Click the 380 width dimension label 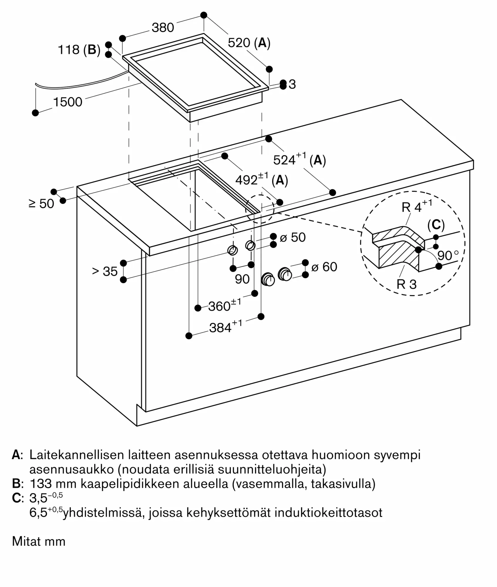point(163,28)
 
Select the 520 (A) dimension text point(249,43)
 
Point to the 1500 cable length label point(68,102)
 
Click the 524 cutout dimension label point(300,159)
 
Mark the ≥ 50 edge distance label point(42,203)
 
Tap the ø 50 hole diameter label point(293,237)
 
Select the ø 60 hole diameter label point(324,267)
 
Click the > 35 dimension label point(105,271)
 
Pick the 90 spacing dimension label point(242,279)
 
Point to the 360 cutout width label point(225,305)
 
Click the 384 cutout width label point(226,327)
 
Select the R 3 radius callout point(407,284)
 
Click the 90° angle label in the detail point(448,255)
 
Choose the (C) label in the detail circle point(436,225)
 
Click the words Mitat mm point(39,542)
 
